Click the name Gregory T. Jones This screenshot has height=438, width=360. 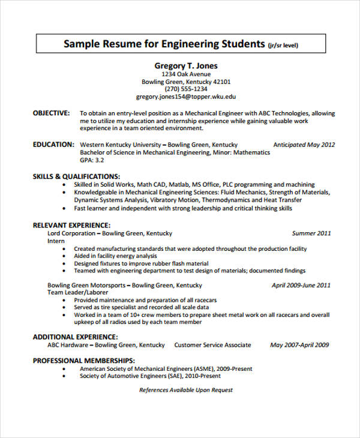pos(186,65)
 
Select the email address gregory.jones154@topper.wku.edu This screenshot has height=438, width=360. pos(186,96)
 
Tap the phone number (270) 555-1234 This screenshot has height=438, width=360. pos(186,89)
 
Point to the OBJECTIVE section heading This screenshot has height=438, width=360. pos(51,113)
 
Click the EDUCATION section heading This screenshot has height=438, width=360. pos(53,145)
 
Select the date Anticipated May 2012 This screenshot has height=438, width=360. pos(304,145)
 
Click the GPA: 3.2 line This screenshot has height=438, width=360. pos(92,160)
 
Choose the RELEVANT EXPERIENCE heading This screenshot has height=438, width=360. pos(70,225)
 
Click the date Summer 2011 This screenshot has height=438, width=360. pos(311,233)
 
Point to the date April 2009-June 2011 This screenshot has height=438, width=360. pos(301,286)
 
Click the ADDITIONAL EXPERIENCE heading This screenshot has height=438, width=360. pos(75,337)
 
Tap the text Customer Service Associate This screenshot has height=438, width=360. pos(212,345)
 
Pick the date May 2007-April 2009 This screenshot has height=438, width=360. pos(299,345)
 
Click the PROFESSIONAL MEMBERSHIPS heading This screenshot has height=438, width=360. pos(82,361)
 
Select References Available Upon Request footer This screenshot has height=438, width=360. pos(186,390)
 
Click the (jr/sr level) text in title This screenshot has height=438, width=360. pos(283,45)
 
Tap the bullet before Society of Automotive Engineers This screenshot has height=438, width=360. pos(64,376)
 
